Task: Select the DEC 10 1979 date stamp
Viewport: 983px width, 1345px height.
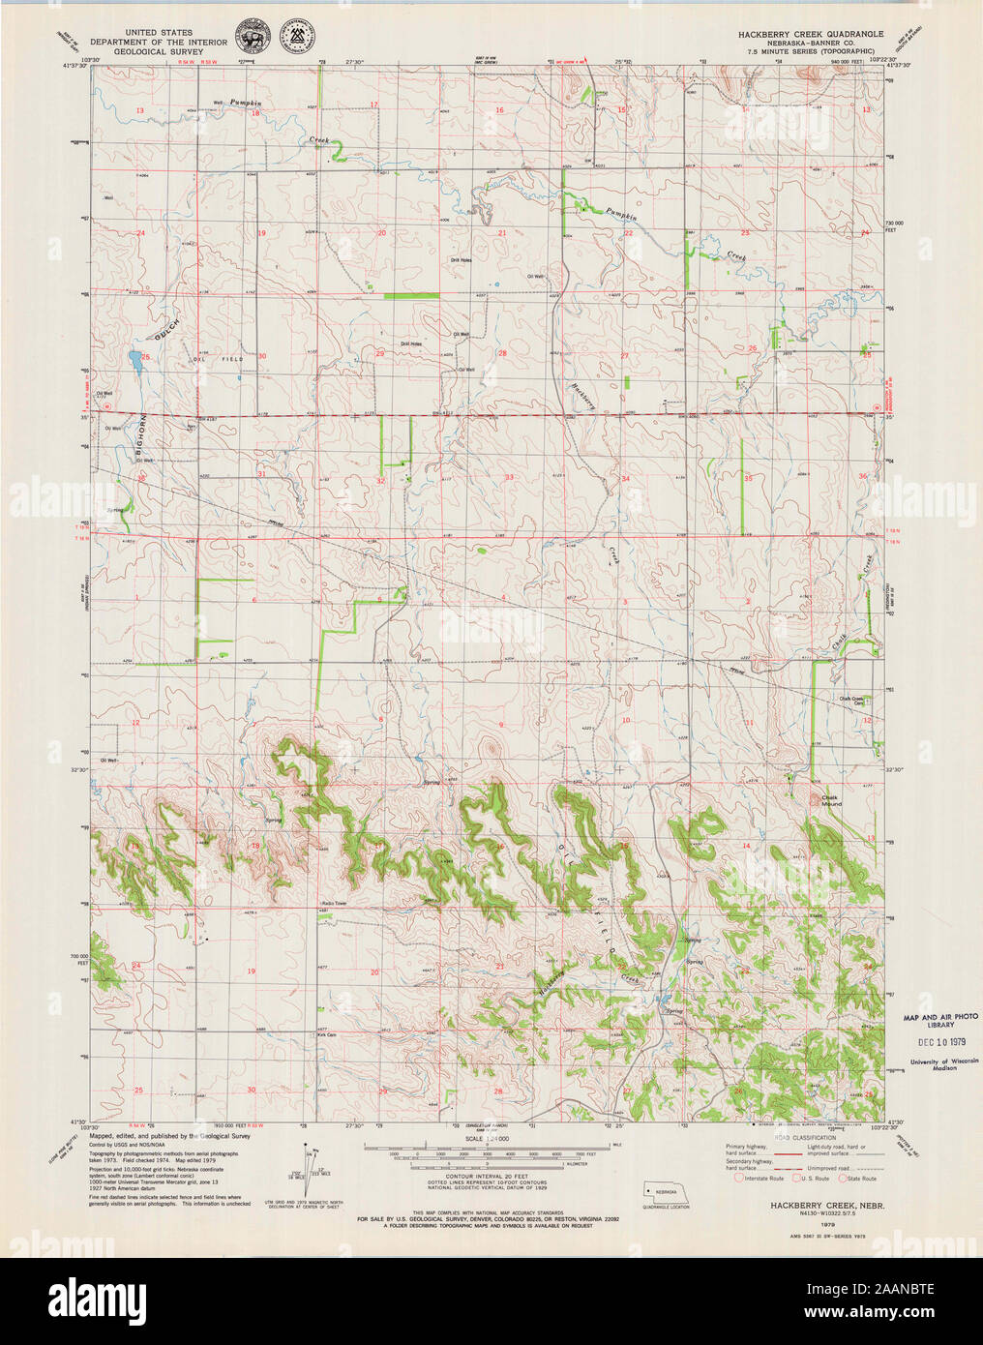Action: click(938, 1042)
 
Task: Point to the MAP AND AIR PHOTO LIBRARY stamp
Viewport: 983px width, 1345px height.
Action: click(940, 1020)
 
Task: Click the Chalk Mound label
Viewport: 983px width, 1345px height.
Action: click(831, 801)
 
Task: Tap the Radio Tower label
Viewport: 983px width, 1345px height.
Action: click(334, 906)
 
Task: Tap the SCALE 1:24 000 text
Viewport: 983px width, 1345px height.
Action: click(487, 1139)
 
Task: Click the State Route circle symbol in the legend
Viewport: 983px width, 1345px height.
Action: click(842, 1179)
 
